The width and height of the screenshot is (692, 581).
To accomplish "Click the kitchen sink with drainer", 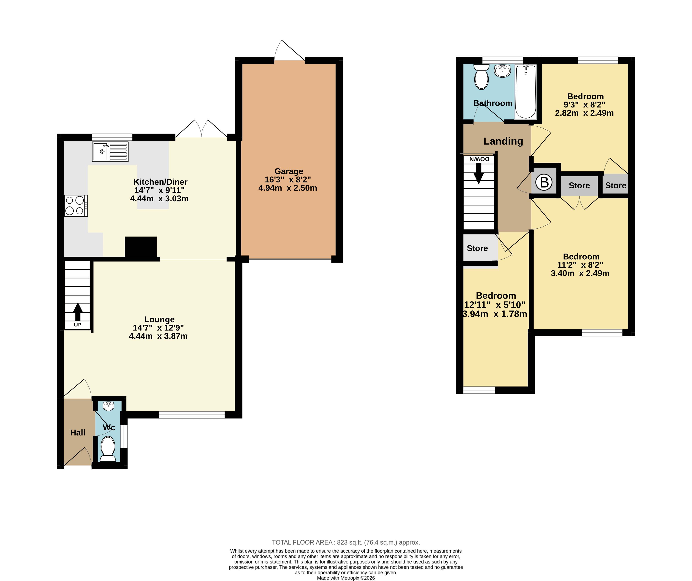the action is [110, 151].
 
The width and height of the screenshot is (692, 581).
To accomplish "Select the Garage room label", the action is [289, 171].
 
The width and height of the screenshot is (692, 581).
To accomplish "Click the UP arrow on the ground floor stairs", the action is [78, 312].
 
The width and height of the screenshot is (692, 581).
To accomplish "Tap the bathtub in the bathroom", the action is [526, 91].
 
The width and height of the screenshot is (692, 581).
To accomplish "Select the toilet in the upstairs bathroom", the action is [481, 77].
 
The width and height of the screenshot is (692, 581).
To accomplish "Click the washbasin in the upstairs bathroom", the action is [503, 71].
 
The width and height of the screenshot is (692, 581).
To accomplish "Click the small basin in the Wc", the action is [108, 406].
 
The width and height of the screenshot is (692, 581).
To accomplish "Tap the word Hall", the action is [78, 432].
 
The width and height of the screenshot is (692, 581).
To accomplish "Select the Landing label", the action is [503, 141].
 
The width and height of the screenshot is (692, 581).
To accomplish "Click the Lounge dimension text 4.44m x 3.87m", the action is [158, 336].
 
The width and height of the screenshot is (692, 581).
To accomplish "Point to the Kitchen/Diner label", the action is [160, 182].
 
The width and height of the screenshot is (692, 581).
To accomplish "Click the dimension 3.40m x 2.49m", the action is [580, 273].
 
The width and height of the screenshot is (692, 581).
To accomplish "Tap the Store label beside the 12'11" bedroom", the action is [477, 248].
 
